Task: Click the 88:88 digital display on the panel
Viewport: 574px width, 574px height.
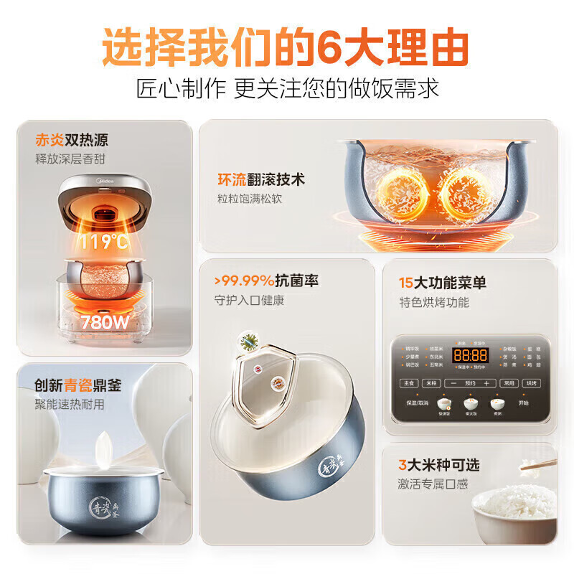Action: (x=470, y=355)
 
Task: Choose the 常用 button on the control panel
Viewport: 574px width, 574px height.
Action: (x=509, y=384)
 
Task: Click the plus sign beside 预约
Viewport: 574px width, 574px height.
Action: (x=486, y=384)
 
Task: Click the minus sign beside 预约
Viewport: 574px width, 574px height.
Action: (x=453, y=384)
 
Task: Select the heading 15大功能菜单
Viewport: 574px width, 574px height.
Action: (x=443, y=283)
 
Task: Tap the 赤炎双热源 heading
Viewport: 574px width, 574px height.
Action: (x=72, y=140)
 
